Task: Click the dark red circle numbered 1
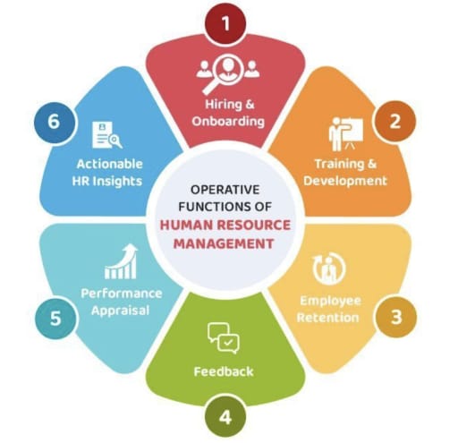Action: (x=225, y=23)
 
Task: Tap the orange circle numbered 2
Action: (x=395, y=122)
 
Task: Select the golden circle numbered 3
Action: (x=396, y=317)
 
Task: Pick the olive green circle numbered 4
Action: (x=225, y=417)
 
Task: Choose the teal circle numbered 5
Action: (x=55, y=318)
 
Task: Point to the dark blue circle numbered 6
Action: (x=54, y=122)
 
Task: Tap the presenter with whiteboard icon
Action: (x=346, y=134)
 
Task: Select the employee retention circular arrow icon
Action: (x=329, y=268)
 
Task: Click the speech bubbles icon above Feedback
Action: (x=224, y=338)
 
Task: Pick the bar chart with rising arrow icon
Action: (x=121, y=261)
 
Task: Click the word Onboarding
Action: (x=228, y=122)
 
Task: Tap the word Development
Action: (x=345, y=181)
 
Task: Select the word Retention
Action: (x=328, y=318)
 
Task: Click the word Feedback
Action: (x=224, y=371)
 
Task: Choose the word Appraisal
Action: (x=120, y=311)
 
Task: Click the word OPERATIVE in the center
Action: (x=225, y=190)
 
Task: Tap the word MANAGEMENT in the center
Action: (x=224, y=243)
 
